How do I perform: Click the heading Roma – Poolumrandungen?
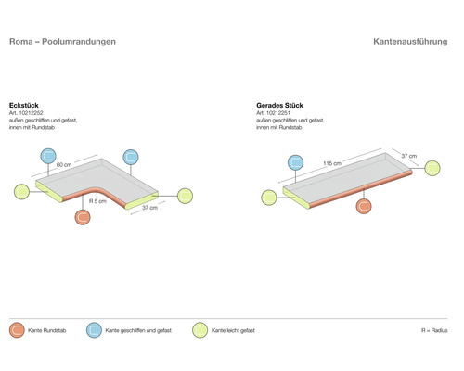pos(62,42)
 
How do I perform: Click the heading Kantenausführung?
pos(410,42)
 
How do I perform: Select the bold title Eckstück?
pos(24,105)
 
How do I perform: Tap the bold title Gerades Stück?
pos(279,105)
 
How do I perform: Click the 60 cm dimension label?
pos(64,165)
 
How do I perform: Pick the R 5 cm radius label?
pos(97,201)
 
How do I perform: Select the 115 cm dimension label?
pos(332,163)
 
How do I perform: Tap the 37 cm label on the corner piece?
pos(149,208)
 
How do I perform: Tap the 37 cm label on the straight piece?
pos(409,156)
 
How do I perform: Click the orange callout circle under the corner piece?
pos(83,217)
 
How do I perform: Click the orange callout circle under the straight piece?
pos(364,206)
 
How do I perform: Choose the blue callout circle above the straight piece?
pos(295,162)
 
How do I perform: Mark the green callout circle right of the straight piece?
pos(432,168)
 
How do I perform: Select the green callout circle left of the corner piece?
pos(21,192)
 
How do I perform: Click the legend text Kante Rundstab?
pos(47,330)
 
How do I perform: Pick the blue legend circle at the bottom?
pos(94,330)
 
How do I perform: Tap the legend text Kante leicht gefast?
pos(233,330)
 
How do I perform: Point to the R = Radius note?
pos(434,330)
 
